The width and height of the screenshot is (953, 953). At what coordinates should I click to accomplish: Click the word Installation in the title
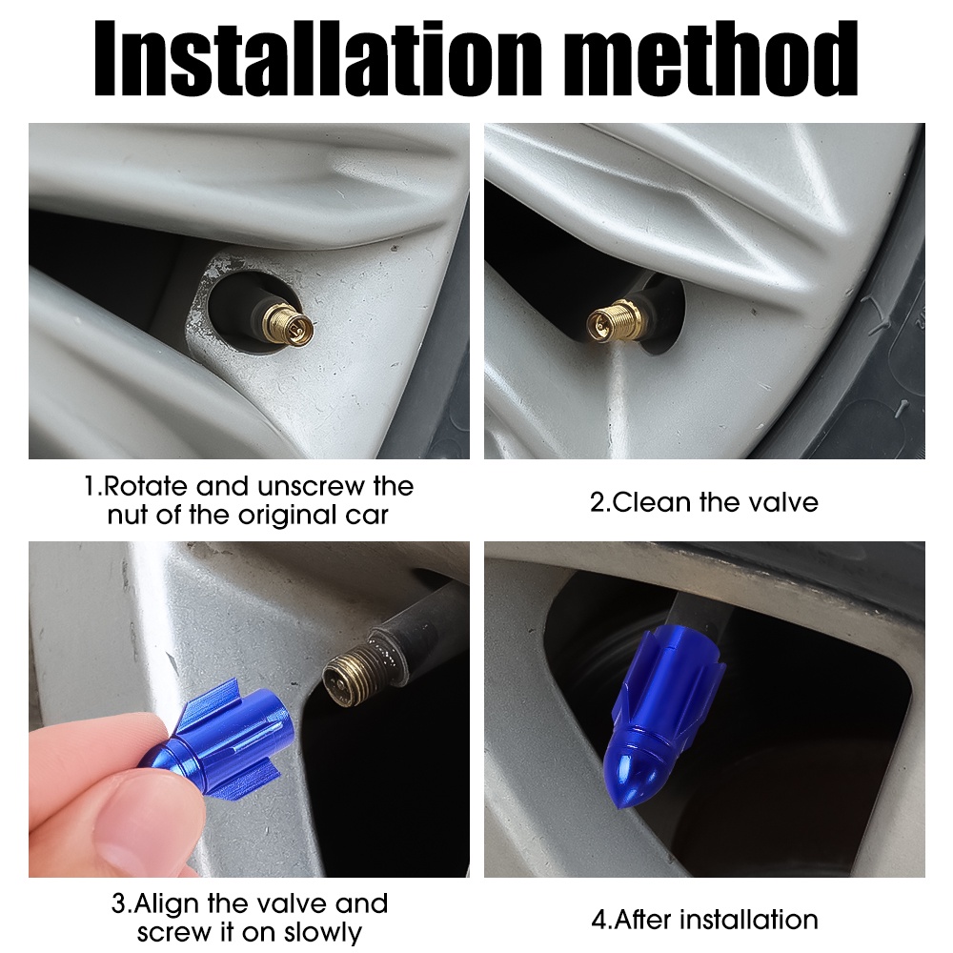coord(317,58)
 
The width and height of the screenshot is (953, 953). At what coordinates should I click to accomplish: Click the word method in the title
coord(712,58)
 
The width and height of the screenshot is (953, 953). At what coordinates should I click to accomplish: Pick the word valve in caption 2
coord(783,502)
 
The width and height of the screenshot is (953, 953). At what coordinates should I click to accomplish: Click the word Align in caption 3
coord(166,903)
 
